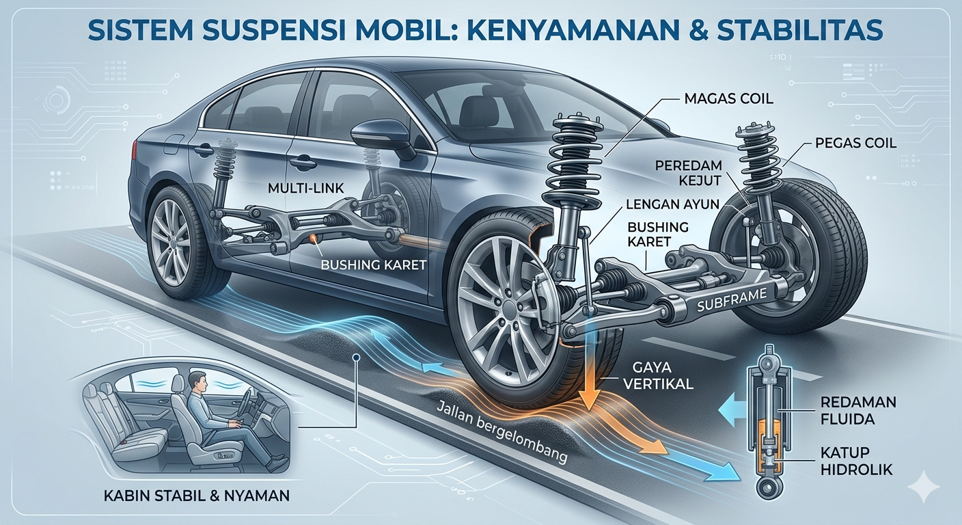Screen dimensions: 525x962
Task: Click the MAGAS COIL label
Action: [x=728, y=98]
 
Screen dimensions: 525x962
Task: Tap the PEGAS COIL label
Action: [x=855, y=144]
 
